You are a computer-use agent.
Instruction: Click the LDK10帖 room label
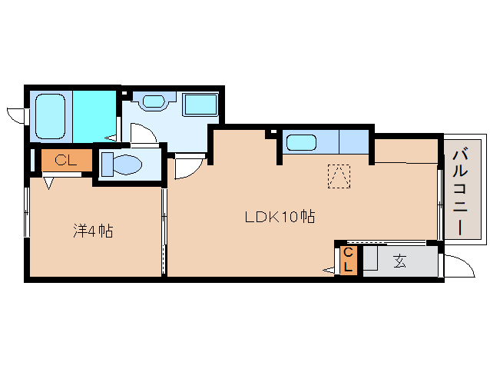tap(280, 217)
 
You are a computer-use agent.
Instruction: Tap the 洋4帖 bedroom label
tap(93, 231)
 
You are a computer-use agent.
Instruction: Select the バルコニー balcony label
tap(461, 192)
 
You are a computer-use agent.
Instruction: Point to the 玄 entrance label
tap(400, 261)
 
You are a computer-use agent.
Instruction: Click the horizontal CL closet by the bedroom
tap(67, 160)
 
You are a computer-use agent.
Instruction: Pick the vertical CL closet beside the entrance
tap(349, 261)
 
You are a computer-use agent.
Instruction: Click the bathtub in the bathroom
tap(51, 116)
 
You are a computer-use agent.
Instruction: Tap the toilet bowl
tap(127, 165)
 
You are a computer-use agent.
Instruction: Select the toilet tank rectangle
tap(108, 165)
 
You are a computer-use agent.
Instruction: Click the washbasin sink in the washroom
tap(154, 101)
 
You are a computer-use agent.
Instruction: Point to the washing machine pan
tap(201, 105)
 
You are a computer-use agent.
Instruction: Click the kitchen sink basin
tap(301, 142)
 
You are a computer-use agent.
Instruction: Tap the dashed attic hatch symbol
tap(339, 176)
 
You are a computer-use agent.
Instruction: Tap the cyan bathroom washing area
tap(94, 116)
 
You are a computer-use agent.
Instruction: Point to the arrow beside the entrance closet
tap(329, 270)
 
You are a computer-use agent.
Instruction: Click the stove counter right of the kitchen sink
tap(354, 141)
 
